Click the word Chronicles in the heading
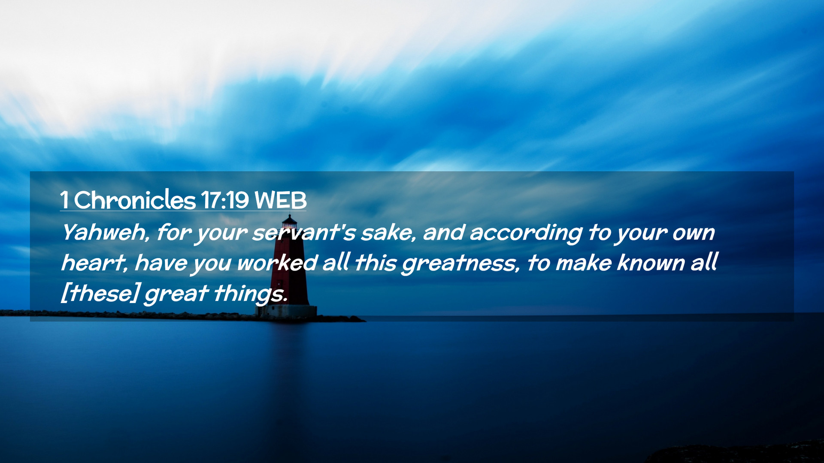pos(135,200)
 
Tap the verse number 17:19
pos(225,200)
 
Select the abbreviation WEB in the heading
pos(280,200)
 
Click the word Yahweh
pos(106,232)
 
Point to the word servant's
pos(304,233)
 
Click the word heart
pos(94,263)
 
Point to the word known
pos(651,263)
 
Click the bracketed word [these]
pos(100,293)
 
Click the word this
pos(376,262)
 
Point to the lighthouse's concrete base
pos(287,312)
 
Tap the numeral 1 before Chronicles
pos(64,200)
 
